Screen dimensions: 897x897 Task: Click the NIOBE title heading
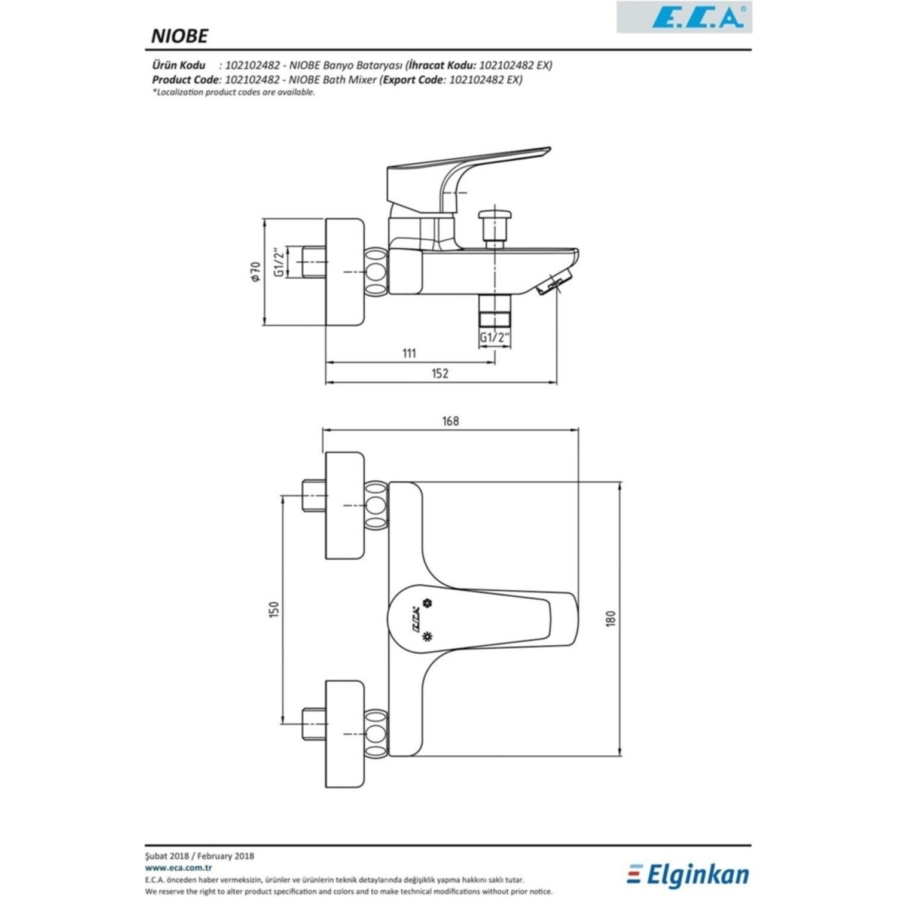pos(179,36)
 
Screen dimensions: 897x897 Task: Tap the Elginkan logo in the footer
pos(688,875)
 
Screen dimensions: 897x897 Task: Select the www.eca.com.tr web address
pos(170,868)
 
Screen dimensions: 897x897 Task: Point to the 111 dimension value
pos(408,353)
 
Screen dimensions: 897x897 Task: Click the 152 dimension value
pos(440,374)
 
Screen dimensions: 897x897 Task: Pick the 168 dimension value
pos(450,421)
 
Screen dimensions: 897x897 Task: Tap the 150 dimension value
pos(274,610)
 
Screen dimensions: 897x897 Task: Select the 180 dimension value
pos(611,618)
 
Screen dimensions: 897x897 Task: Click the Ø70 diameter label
pos(256,271)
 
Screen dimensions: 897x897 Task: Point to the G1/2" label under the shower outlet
pos(495,338)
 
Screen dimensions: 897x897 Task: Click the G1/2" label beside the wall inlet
pos(279,263)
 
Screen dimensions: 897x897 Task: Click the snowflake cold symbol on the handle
pos(427,603)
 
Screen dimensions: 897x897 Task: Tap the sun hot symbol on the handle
pos(426,636)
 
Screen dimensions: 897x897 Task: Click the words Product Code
pos(186,80)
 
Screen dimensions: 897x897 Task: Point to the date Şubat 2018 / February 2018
pos(200,856)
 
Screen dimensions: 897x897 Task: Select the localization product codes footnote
pos(234,93)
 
